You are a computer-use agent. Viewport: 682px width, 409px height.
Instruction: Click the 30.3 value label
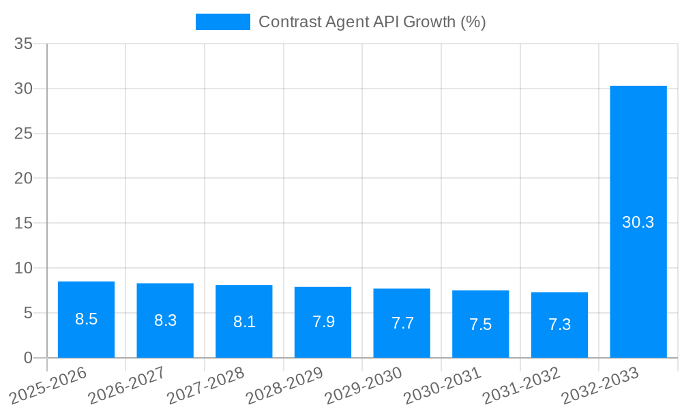638,222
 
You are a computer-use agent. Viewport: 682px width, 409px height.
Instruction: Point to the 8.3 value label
165,320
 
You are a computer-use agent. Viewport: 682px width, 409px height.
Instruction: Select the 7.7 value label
402,323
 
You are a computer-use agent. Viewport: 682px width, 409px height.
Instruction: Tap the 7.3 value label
559,324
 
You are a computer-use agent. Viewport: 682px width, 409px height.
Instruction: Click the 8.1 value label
244,322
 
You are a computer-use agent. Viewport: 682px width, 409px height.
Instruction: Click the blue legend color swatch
222,22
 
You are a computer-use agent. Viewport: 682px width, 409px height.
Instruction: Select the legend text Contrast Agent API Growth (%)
372,22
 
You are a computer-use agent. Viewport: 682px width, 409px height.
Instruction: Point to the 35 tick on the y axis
24,44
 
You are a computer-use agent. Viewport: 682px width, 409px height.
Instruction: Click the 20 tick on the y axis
24,179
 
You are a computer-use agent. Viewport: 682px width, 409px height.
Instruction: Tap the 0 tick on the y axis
28,358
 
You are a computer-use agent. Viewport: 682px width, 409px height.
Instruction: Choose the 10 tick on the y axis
24,268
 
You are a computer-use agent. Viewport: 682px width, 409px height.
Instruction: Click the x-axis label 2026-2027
128,385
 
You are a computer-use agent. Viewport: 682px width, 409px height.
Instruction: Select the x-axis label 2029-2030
364,385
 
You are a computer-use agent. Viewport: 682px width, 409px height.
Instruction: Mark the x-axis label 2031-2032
522,385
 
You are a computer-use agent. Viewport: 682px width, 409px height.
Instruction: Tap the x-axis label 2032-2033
601,385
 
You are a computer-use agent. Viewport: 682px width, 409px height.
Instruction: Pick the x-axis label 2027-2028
207,385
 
